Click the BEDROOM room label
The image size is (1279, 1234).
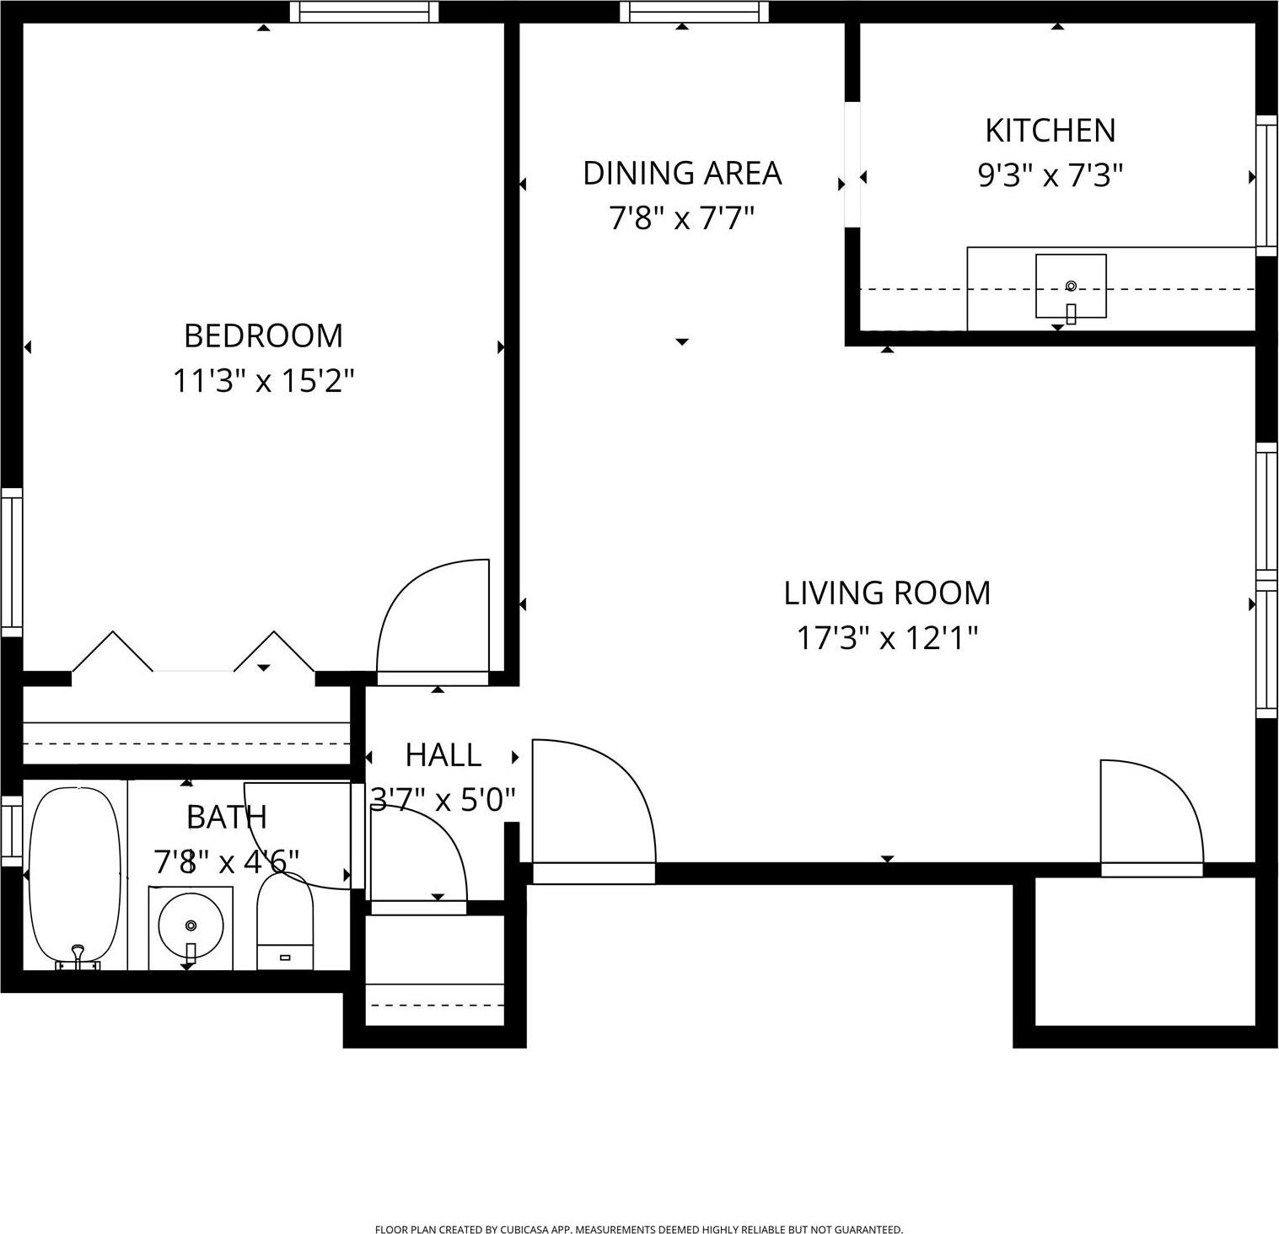click(x=263, y=335)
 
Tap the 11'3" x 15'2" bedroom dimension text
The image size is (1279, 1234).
click(x=263, y=381)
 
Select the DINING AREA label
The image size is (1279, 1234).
click(x=682, y=173)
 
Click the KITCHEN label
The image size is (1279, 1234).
click(x=1050, y=131)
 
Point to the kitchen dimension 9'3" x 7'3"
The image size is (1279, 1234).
click(x=1050, y=176)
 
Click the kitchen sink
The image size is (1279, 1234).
click(x=1071, y=287)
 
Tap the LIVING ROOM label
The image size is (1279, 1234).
click(x=887, y=593)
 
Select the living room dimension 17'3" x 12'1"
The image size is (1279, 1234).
click(x=887, y=638)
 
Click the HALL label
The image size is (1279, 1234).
click(x=443, y=755)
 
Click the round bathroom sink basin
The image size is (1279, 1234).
click(x=191, y=925)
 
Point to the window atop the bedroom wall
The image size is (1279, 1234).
click(x=364, y=12)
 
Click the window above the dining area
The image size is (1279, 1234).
click(x=694, y=12)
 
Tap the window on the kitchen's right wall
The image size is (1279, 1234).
click(x=1266, y=185)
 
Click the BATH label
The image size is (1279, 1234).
click(x=226, y=817)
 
